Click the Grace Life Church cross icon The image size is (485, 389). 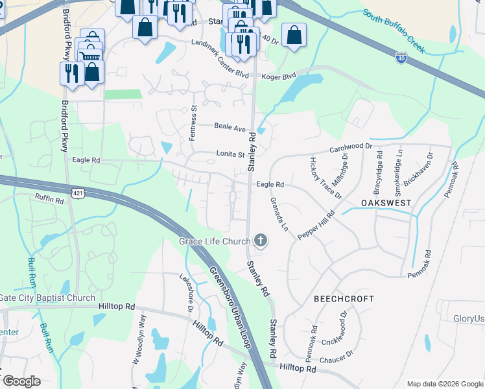[261, 241]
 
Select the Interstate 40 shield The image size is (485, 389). [402, 58]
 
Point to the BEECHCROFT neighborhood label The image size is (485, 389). [344, 299]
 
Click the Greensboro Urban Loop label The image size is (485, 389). [230, 308]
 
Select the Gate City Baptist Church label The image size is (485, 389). [48, 298]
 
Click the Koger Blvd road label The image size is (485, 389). [279, 77]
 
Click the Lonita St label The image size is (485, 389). [230, 154]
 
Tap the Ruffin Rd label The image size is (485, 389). [49, 200]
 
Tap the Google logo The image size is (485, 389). [21, 381]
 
